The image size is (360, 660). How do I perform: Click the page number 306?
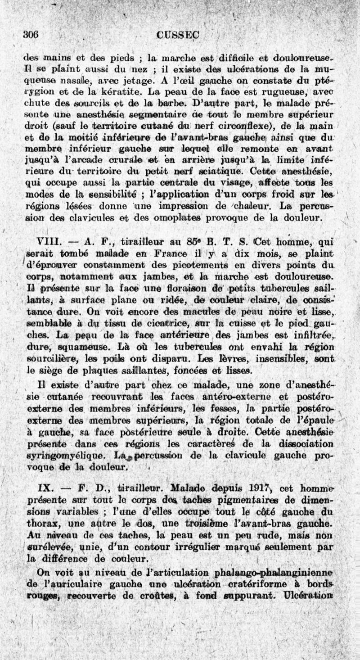[x=31, y=35]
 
